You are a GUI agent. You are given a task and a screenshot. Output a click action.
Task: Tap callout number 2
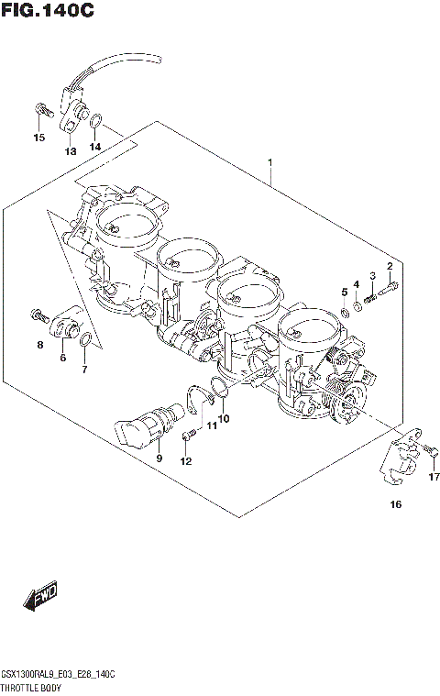[x=390, y=267]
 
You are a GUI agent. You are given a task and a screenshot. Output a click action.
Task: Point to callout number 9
[x=158, y=458]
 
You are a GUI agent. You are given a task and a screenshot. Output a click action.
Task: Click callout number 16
[x=395, y=504]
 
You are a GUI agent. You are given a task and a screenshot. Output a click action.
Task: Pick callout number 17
[x=433, y=477]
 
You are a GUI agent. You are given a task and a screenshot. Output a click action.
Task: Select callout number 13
[x=70, y=151]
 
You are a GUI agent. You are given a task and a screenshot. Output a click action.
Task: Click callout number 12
[x=186, y=460]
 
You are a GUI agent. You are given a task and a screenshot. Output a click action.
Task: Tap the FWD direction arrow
[x=44, y=597]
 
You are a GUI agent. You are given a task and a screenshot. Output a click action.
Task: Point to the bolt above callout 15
[x=39, y=110]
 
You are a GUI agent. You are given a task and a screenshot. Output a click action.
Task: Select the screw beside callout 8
[x=39, y=315]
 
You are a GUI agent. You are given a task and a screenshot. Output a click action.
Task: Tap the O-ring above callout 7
[x=84, y=343]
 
